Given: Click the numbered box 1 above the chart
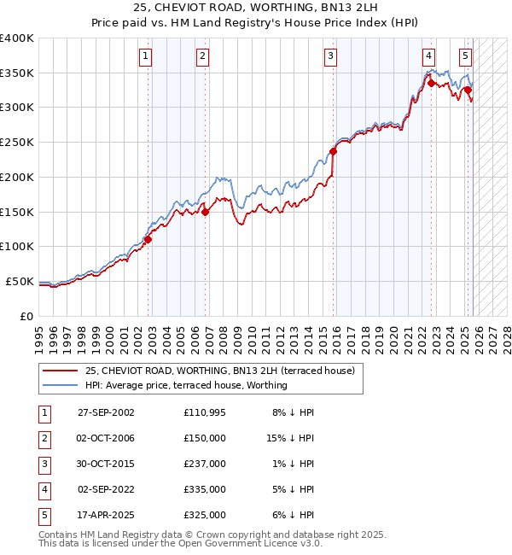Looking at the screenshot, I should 146,57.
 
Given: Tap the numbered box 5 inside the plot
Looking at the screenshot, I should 465,57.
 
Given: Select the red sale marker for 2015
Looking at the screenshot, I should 333,152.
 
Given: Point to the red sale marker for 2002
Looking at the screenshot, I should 148,240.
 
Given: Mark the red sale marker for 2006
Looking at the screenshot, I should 206,213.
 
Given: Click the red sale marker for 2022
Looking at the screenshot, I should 431,84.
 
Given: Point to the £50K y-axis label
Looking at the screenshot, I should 20,281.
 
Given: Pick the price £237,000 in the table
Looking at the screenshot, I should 204,464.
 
